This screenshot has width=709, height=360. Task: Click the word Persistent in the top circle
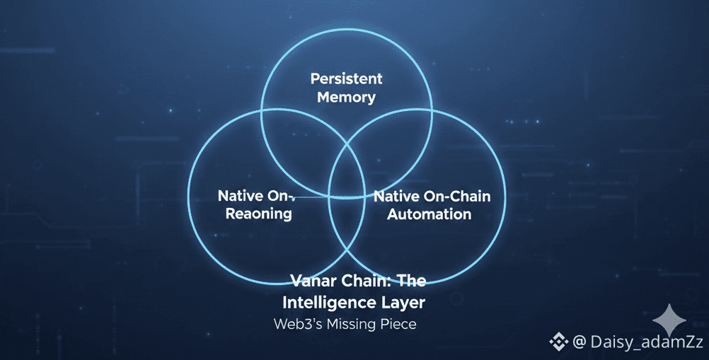[346, 78]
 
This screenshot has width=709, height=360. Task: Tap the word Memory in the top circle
[346, 97]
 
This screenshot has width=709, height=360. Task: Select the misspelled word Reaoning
[258, 213]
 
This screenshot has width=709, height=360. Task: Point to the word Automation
[429, 213]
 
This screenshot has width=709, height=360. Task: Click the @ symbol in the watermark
[579, 342]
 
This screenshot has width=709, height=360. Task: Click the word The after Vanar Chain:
[411, 281]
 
